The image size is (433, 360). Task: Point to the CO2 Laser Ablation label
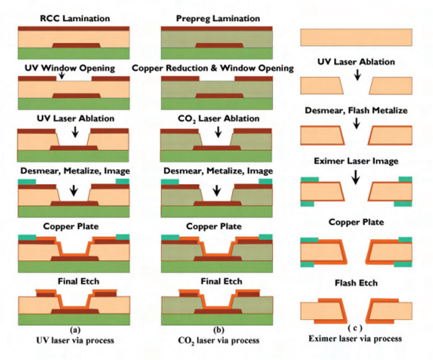point(218,118)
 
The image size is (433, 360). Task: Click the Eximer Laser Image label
point(356,161)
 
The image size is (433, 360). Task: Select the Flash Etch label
point(356,283)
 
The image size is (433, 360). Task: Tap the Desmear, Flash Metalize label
point(356,110)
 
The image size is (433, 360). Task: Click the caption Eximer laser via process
point(355,338)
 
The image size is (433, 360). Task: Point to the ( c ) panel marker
point(355,328)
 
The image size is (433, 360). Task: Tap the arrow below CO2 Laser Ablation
point(218,131)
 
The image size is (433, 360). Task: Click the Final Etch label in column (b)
point(218,281)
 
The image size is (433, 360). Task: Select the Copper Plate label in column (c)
point(356,222)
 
